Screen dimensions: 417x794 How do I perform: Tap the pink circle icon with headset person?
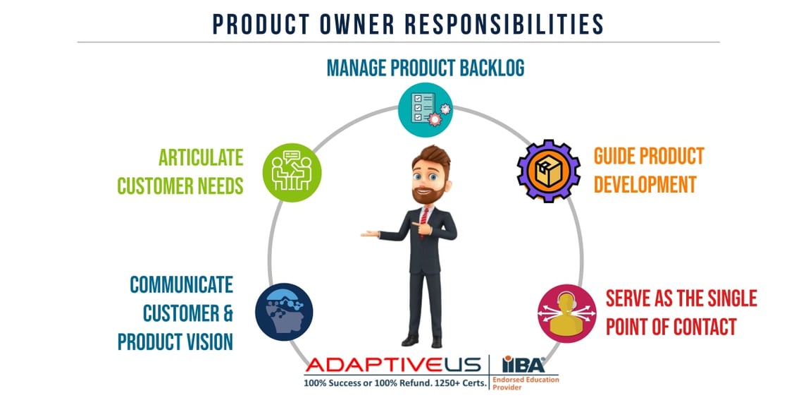coord(562,313)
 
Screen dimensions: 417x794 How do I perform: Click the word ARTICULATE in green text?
coord(201,157)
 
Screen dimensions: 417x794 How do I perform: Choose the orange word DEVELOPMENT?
coord(645,185)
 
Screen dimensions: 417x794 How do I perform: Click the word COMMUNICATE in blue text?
coord(181,284)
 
